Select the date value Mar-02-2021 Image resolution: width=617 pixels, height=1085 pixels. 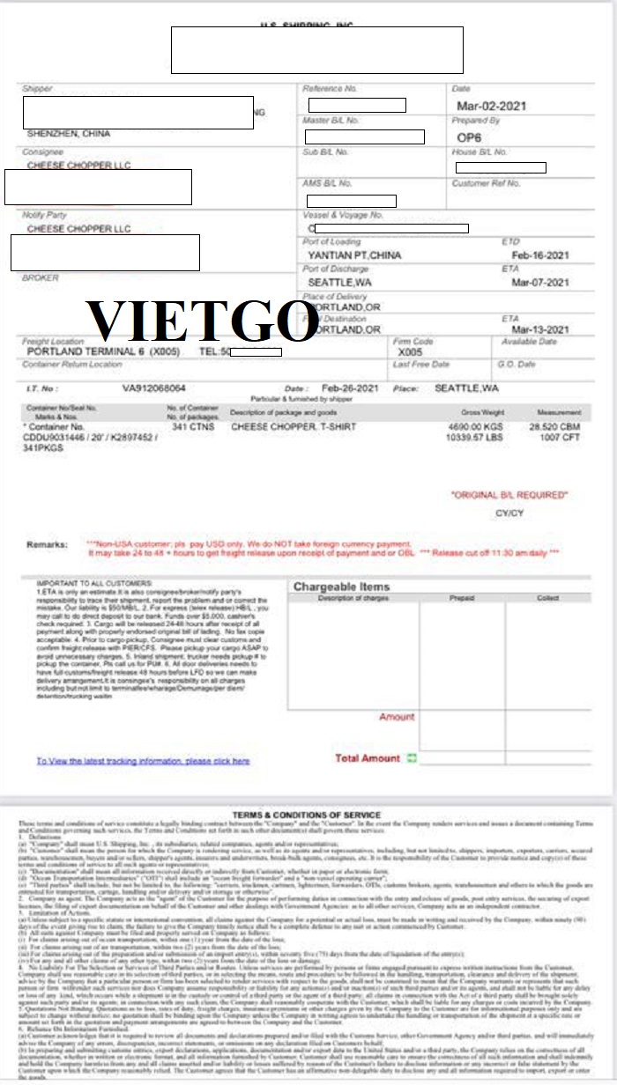tap(491, 107)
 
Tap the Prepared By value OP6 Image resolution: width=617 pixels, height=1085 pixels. tap(465, 137)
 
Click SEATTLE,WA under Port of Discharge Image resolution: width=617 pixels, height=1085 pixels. tap(339, 283)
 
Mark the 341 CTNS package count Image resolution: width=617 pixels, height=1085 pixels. tap(190, 426)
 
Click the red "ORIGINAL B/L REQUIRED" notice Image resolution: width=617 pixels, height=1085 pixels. tap(509, 495)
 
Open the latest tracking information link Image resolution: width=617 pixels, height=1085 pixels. tap(143, 761)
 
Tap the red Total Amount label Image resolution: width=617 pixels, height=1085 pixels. tap(368, 757)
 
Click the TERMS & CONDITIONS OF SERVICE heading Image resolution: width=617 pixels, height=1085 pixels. tap(306, 816)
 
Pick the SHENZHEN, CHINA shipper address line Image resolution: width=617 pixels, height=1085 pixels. tap(69, 134)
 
